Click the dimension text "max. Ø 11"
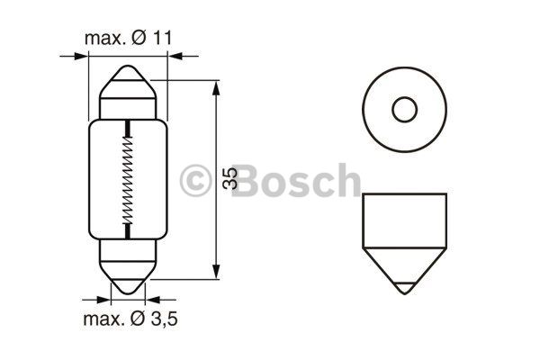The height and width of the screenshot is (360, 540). (128, 38)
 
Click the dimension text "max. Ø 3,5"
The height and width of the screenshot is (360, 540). (130, 319)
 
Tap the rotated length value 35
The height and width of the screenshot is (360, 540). (230, 178)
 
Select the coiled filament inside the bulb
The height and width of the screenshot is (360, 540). (128, 179)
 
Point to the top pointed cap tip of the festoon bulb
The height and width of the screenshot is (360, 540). (128, 67)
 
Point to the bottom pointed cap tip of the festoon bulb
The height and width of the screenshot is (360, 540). (128, 292)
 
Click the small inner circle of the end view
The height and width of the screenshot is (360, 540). (405, 110)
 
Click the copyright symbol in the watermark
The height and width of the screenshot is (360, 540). (195, 181)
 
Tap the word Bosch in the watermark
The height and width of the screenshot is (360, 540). (296, 180)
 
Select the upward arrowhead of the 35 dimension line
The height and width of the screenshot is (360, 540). (216, 88)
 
